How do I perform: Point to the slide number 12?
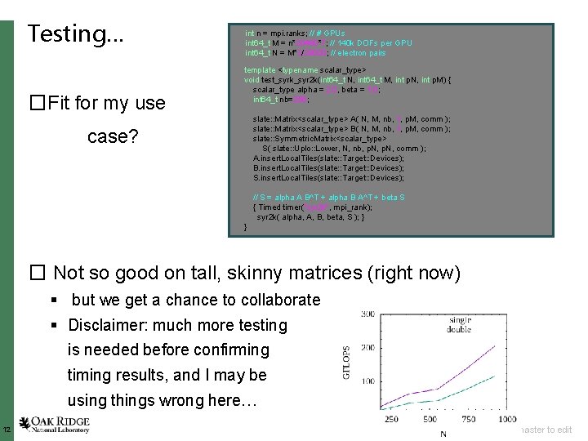6,430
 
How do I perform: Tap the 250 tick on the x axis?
391,419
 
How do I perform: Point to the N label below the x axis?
443,433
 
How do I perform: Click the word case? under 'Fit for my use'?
113,136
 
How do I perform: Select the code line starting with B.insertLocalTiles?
305,167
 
